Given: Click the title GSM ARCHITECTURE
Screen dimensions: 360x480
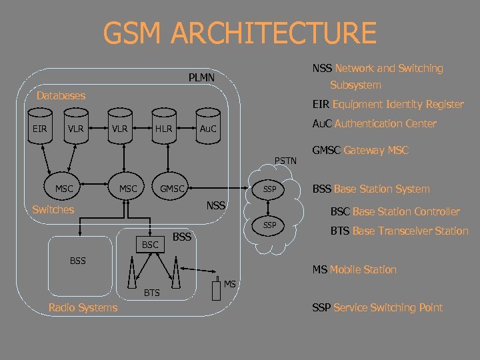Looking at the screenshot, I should tap(240, 33).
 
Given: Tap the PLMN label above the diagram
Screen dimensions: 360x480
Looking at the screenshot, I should tap(201, 78).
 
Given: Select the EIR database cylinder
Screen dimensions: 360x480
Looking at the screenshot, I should tap(40, 129).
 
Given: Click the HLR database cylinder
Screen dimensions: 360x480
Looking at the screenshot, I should tap(164, 129).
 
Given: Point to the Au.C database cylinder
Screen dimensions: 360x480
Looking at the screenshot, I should tap(209, 129).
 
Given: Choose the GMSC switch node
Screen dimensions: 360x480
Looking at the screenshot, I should tap(172, 189).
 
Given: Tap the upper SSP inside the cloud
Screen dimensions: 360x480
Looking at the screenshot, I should tap(269, 189).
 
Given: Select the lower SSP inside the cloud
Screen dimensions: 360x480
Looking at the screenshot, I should tap(269, 225).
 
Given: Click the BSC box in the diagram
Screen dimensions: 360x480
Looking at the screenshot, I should tap(150, 245).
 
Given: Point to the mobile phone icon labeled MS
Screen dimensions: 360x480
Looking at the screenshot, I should tap(215, 289).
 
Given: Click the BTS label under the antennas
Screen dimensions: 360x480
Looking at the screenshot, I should tap(152, 293).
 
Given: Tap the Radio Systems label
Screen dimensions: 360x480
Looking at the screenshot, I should tap(83, 307).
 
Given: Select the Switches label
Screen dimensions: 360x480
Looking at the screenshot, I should tap(53, 209).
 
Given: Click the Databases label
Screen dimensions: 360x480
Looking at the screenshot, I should tap(61, 95).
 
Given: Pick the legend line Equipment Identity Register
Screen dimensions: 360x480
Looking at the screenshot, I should tap(388, 104).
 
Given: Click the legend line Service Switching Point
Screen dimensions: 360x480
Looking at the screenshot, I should tap(377, 307).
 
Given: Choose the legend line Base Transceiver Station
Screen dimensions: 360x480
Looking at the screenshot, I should tap(400, 231).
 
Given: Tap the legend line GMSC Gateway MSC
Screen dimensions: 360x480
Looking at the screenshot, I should tap(360, 151).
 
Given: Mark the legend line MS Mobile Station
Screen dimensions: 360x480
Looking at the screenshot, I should tap(354, 269).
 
